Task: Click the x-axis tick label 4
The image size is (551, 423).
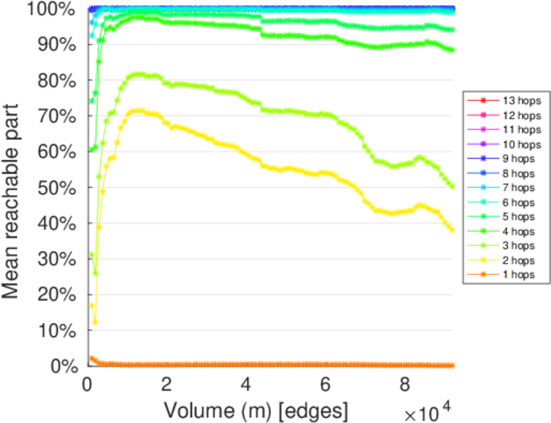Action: (246, 385)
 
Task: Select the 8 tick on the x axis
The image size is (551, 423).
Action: (404, 385)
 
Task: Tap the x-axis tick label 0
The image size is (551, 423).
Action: (87, 385)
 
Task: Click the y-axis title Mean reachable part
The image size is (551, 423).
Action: (13, 189)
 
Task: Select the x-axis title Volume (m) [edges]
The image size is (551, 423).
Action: (256, 409)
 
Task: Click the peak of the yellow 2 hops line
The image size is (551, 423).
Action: (138, 110)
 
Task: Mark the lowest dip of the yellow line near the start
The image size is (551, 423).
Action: (95, 322)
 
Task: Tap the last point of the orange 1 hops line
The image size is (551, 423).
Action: (452, 365)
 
